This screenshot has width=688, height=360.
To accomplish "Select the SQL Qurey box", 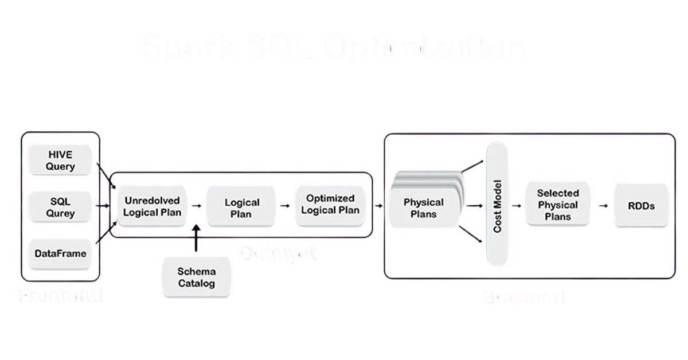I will tap(61, 208).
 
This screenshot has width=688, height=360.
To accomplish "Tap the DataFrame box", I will tap(61, 253).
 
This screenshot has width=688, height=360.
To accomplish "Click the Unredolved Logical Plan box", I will tap(153, 206).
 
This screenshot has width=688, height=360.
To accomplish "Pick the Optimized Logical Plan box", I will tap(330, 204).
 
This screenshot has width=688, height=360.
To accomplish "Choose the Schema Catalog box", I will tap(196, 277).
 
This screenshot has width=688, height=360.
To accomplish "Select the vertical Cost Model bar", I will tap(497, 204).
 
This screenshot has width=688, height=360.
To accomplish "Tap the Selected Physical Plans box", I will tap(558, 205).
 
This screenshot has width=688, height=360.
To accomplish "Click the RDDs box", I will tap(641, 205).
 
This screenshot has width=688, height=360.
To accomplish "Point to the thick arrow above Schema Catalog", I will tap(196, 238).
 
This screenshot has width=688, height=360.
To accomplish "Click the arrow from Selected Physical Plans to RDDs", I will tap(603, 205).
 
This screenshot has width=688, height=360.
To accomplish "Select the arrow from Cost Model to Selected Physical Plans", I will tap(516, 205).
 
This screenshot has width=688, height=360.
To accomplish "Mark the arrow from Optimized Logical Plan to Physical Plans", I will tap(379, 205).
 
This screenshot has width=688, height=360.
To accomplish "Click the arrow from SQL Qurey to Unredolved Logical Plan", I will tap(104, 205).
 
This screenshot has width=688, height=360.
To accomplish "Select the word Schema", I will tap(196, 271).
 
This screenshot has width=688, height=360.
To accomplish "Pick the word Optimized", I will tap(330, 198).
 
